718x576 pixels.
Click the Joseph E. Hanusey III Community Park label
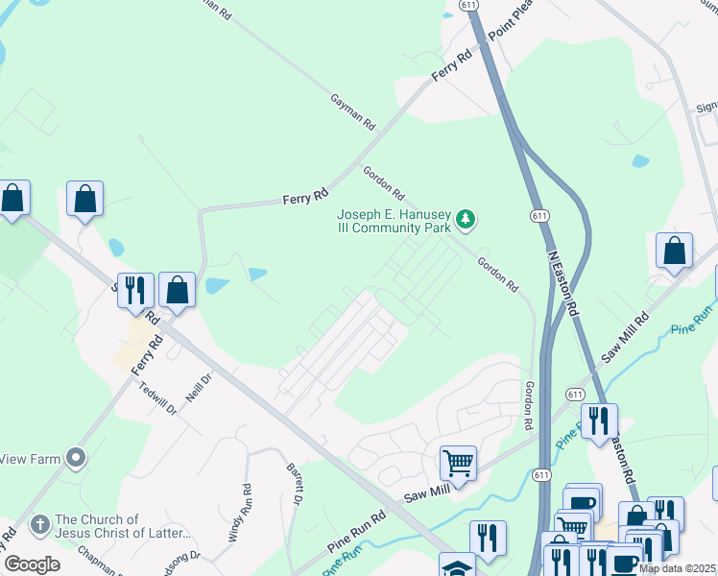393,221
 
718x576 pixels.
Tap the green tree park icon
466,221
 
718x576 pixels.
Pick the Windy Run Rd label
239,510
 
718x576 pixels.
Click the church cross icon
39,525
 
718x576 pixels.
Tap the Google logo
32,564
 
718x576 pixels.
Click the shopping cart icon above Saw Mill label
458,463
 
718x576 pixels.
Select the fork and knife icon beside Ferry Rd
134,289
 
